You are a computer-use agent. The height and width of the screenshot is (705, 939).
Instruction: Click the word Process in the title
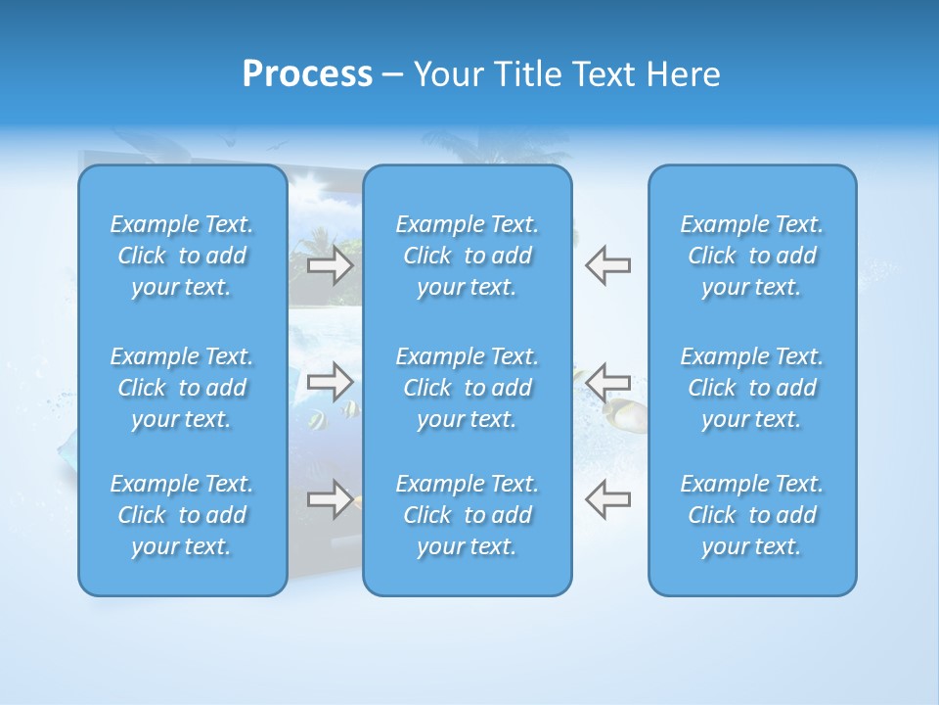tap(307, 74)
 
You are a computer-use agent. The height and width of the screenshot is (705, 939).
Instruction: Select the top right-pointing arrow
tap(331, 265)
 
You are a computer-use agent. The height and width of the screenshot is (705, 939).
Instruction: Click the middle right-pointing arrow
tap(331, 382)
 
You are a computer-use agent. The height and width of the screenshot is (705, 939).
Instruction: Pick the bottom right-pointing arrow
tap(331, 498)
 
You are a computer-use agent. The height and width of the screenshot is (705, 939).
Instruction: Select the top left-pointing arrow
tap(607, 265)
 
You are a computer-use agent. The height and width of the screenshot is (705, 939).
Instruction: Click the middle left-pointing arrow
tap(607, 381)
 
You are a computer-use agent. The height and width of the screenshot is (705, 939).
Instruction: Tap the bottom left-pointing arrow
tap(607, 498)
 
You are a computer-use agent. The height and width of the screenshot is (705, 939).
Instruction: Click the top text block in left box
tap(182, 256)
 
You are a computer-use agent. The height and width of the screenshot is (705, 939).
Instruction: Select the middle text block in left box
tap(182, 388)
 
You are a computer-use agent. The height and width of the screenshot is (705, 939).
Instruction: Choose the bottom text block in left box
tap(182, 515)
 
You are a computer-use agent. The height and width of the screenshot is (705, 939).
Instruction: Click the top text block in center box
tap(467, 256)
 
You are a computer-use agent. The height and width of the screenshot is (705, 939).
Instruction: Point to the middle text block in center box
tap(467, 388)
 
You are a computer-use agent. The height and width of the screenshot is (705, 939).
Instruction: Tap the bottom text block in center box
tap(467, 515)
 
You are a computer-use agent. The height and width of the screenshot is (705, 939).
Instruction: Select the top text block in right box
tap(751, 256)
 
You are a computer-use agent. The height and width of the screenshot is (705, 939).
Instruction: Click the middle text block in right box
tap(751, 388)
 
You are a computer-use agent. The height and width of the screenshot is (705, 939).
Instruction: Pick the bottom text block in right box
tap(751, 515)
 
